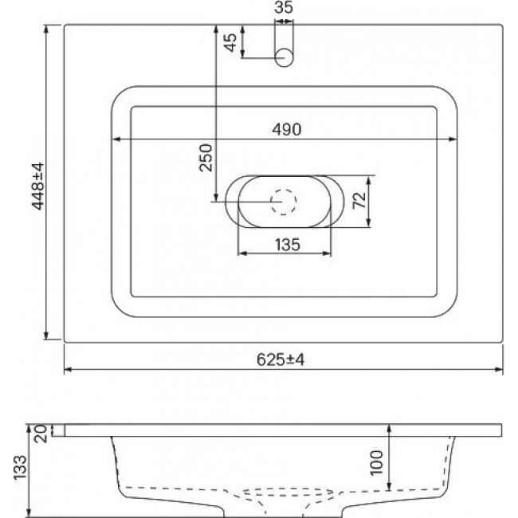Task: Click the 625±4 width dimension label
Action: click(281, 359)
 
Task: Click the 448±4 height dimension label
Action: click(37, 186)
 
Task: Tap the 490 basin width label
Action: click(286, 129)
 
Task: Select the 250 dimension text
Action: click(206, 158)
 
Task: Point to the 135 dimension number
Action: click(288, 245)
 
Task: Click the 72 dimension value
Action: click(359, 200)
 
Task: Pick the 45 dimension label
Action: click(230, 42)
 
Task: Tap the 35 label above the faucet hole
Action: click(284, 7)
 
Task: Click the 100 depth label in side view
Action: click(377, 462)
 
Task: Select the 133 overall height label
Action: click(20, 467)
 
